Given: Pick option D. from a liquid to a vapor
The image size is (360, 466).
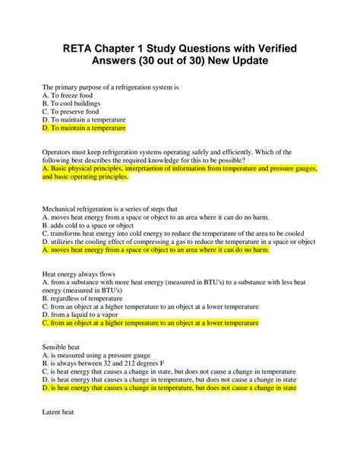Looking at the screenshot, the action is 85,314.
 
